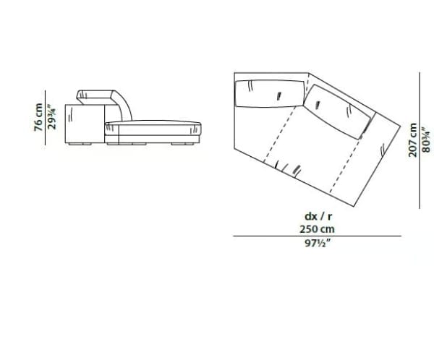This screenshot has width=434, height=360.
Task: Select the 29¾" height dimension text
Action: coord(51,117)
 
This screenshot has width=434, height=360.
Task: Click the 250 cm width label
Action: coord(318,228)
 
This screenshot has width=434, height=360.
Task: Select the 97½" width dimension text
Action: coord(318,244)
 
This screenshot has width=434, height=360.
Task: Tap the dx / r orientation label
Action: coord(318,215)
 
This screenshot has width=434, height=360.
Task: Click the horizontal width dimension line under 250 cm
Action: coord(317,236)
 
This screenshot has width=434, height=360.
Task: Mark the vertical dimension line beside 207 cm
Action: coord(420,137)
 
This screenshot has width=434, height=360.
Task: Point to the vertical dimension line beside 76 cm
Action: coord(45,117)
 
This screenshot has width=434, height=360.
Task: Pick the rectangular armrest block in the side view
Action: coord(85,124)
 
